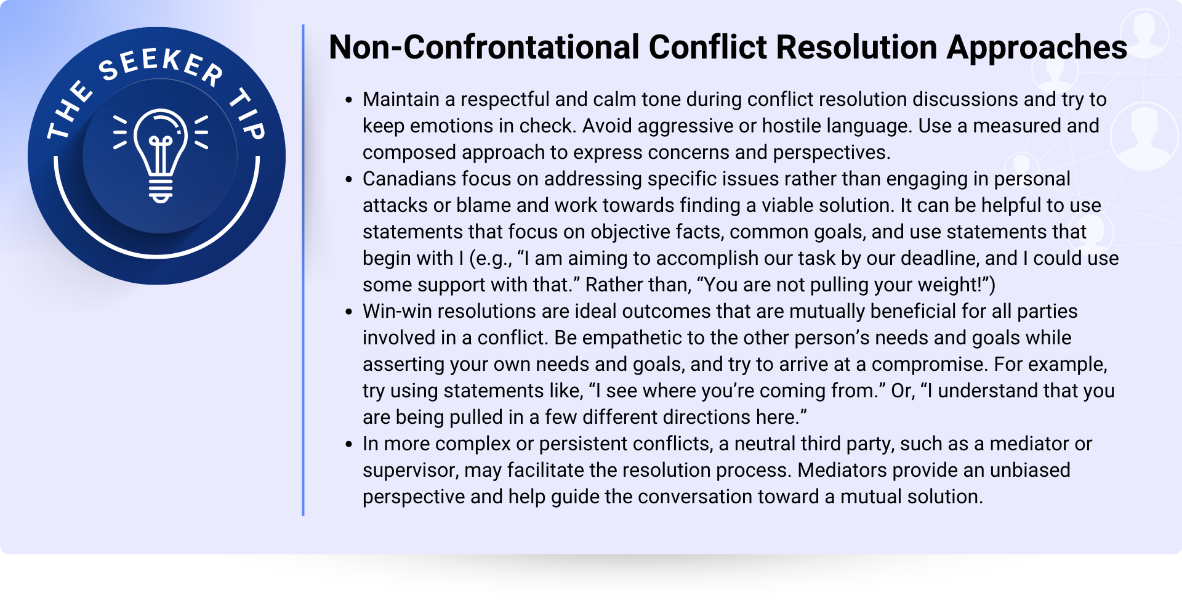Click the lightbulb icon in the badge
pyautogui.click(x=161, y=155)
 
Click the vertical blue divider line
pyautogui.click(x=303, y=270)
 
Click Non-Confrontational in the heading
pyautogui.click(x=484, y=47)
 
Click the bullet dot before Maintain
pyautogui.click(x=349, y=100)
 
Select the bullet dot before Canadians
pyautogui.click(x=349, y=179)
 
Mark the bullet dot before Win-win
pyautogui.click(x=349, y=312)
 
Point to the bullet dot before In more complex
pyautogui.click(x=349, y=444)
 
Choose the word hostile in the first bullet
pyautogui.click(x=791, y=126)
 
